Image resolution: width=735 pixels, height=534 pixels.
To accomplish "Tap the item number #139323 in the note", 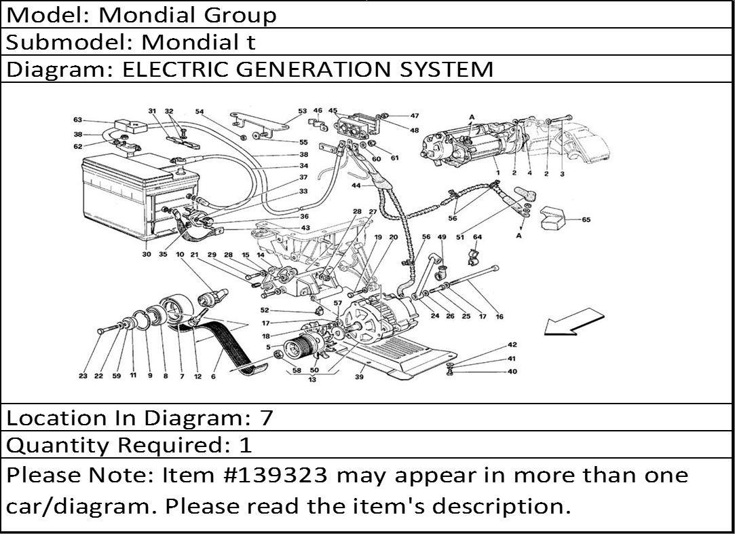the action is pyautogui.click(x=278, y=476).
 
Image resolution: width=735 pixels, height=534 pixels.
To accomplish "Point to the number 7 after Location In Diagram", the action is pyautogui.click(x=266, y=418).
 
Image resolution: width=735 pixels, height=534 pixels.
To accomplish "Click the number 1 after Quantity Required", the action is pyautogui.click(x=246, y=445).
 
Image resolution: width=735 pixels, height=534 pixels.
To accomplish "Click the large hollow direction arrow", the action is pyautogui.click(x=573, y=321).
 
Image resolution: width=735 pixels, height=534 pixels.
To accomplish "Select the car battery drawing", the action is pyautogui.click(x=140, y=196).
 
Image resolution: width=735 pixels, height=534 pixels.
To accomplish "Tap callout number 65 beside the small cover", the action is pyautogui.click(x=586, y=219).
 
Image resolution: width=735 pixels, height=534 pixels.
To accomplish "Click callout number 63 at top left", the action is pyautogui.click(x=78, y=120).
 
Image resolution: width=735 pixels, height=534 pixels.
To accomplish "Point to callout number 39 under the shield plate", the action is pyautogui.click(x=360, y=376).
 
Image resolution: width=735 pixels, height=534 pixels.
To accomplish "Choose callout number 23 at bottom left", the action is pyautogui.click(x=83, y=376).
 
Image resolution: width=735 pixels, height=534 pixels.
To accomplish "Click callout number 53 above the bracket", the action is pyautogui.click(x=302, y=111).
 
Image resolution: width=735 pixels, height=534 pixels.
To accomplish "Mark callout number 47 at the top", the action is pyautogui.click(x=415, y=115).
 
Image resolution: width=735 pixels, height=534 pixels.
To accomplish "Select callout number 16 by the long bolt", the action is pyautogui.click(x=500, y=317).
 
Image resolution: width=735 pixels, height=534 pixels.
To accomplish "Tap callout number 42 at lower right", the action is pyautogui.click(x=512, y=345).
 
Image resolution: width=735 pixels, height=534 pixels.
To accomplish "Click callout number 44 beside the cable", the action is pyautogui.click(x=356, y=186).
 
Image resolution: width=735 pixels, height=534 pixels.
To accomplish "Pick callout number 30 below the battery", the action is pyautogui.click(x=147, y=254).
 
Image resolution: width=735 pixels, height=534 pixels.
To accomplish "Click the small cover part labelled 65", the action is pyautogui.click(x=552, y=218).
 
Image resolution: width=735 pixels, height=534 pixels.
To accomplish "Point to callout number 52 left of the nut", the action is pyautogui.click(x=265, y=310).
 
